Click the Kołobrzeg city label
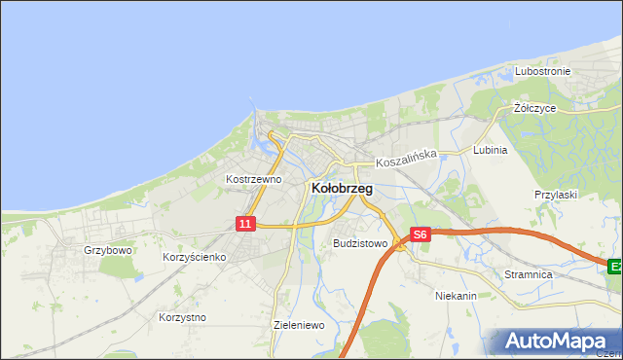click(341, 189)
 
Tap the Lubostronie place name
click(544, 72)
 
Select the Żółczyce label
click(534, 108)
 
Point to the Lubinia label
click(490, 150)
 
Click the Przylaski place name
click(556, 195)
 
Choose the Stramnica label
click(529, 275)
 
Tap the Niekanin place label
click(456, 294)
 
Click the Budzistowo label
click(360, 243)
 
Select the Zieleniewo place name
click(299, 325)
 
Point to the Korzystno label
click(181, 317)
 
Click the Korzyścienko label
click(195, 257)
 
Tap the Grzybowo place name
click(107, 250)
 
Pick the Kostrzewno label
click(253, 179)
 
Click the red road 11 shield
click(245, 224)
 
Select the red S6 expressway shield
click(420, 234)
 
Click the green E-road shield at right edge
click(615, 266)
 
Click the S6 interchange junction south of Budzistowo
click(400, 246)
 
